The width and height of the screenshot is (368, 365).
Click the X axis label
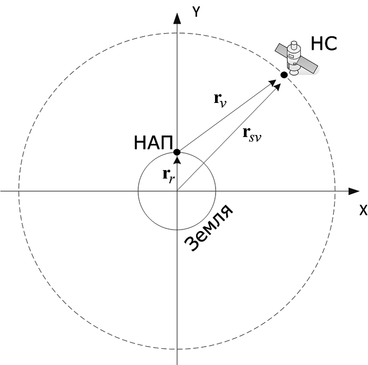click(362, 210)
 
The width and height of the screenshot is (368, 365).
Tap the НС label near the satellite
click(323, 44)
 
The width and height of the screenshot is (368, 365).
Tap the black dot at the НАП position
click(177, 152)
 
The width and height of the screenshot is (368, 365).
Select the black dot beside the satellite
click(284, 75)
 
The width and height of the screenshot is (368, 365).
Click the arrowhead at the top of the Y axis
click(177, 17)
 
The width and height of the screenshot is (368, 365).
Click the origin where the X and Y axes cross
click(177, 191)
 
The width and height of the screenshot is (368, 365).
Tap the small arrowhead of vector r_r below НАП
click(177, 159)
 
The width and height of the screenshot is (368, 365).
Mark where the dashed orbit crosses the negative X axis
click(18, 191)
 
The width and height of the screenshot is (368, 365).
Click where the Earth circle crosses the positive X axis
click(216, 191)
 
